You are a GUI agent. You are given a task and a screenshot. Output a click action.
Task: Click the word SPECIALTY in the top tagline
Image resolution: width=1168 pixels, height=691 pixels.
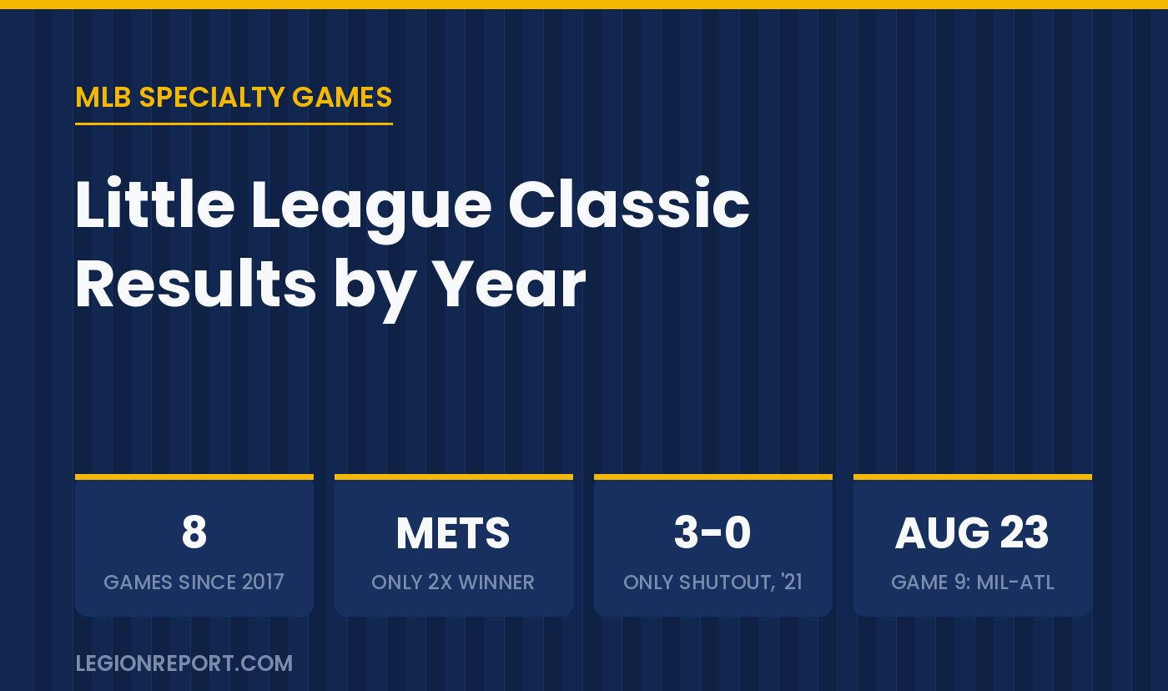click(212, 97)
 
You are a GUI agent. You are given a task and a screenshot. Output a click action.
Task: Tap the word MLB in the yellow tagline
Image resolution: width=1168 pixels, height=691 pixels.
click(103, 97)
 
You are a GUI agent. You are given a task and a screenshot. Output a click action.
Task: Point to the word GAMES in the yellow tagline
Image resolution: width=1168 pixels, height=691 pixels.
click(342, 97)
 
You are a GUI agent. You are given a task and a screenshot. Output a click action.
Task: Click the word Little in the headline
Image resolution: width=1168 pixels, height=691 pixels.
click(155, 204)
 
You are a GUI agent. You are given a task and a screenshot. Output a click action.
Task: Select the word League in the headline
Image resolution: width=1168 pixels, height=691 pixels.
click(371, 209)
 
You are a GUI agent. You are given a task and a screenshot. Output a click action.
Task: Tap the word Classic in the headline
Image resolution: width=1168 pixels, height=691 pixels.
click(628, 204)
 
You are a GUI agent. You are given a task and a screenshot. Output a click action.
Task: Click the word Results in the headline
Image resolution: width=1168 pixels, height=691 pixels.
click(196, 285)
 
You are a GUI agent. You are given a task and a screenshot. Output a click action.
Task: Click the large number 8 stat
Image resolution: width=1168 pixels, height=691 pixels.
click(194, 532)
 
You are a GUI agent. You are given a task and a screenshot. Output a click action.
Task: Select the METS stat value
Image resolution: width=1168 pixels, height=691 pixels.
click(453, 533)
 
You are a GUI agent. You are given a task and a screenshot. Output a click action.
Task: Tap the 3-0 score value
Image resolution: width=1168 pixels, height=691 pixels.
click(712, 532)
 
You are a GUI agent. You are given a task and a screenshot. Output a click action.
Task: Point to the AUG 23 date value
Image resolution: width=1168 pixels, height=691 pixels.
click(972, 532)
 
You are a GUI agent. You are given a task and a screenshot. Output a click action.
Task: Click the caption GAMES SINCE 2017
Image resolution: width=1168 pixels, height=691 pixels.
click(194, 582)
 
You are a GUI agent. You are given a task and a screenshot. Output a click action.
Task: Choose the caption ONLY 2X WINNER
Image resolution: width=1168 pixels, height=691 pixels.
click(453, 582)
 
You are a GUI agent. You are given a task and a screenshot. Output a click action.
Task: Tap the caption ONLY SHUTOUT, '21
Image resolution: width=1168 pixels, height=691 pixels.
click(712, 582)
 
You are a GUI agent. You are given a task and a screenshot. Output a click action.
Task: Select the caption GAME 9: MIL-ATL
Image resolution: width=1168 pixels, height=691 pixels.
click(973, 582)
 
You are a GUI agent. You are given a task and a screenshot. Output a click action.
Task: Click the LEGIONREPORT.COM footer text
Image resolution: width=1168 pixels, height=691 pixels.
click(184, 663)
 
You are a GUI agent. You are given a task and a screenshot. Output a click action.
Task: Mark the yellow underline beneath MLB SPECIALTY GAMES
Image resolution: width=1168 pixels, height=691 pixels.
click(234, 124)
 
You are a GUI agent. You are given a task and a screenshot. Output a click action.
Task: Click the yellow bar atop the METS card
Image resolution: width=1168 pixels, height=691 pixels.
click(454, 477)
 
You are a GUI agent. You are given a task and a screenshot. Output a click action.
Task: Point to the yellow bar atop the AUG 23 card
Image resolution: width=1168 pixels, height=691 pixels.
click(973, 477)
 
